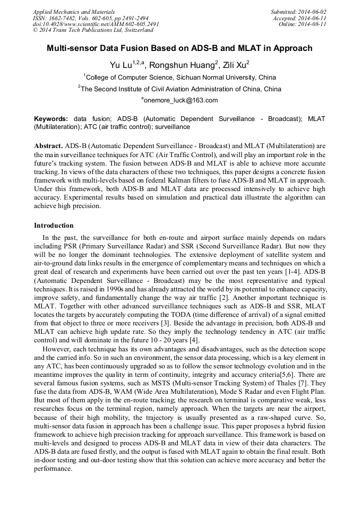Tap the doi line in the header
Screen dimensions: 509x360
pos(96,24)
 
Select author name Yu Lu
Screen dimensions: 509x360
pos(119,65)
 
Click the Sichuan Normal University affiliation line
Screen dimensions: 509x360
pos(181,77)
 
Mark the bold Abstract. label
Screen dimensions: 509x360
pos(49,145)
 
